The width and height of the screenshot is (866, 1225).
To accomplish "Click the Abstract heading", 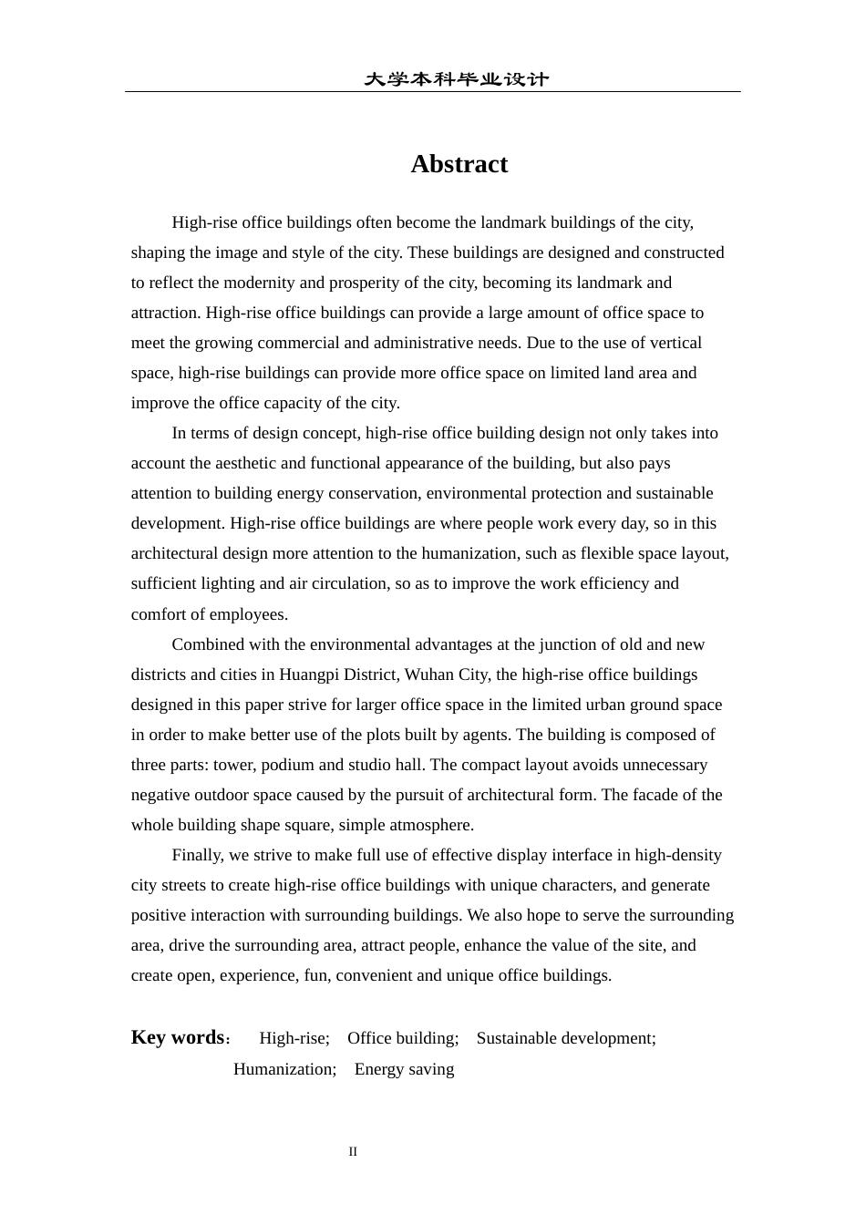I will coord(459,164).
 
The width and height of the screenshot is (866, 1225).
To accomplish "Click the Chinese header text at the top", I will coord(456,79).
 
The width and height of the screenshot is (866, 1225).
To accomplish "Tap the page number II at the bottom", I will coord(353,1152).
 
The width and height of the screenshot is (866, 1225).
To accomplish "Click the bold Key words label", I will coord(178,1037).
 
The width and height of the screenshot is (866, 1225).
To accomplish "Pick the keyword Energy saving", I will coord(404,1069).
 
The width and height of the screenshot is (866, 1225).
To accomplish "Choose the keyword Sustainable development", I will coord(565,1038).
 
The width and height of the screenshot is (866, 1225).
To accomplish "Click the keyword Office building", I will coord(402,1038).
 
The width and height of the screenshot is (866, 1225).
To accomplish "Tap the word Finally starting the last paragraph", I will coord(197,855).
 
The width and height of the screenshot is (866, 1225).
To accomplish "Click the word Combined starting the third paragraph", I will coord(207,644).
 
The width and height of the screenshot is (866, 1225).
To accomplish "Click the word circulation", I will coord(348,583).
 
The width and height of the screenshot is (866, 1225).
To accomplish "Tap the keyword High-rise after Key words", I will coord(294,1038).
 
